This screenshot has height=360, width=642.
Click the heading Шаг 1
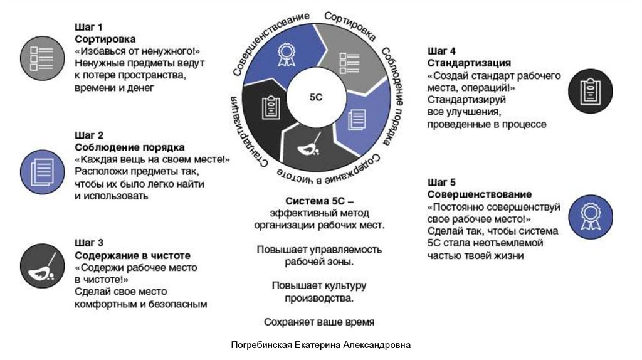pyautogui.click(x=89, y=28)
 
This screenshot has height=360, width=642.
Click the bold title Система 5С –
pyautogui.click(x=320, y=201)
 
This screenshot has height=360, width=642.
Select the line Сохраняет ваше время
pyautogui.click(x=320, y=322)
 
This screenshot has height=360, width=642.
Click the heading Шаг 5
pyautogui.click(x=441, y=183)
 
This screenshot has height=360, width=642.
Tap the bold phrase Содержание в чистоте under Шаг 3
pyautogui.click(x=132, y=255)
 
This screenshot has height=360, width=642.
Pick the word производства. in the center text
pyautogui.click(x=319, y=299)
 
